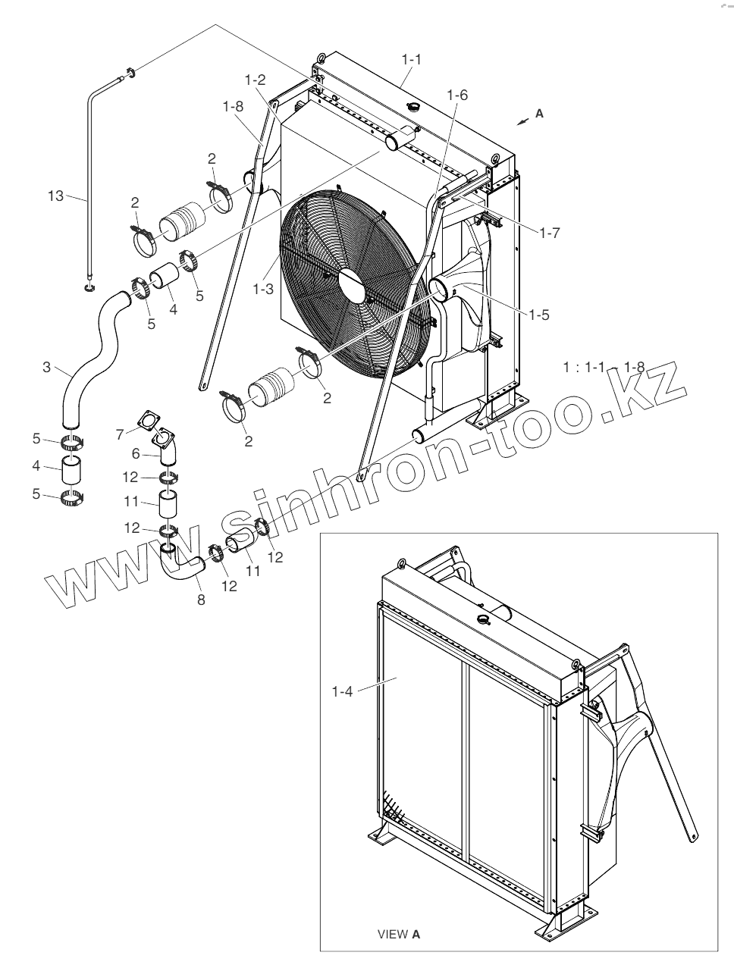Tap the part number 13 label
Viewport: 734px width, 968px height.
[55, 196]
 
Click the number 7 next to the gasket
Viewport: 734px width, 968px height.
[119, 434]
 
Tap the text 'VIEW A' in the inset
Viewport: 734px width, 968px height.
[399, 934]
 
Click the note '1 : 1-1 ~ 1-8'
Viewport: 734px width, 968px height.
[604, 367]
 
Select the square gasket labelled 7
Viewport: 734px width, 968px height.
[143, 421]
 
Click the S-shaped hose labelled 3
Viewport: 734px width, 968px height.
[91, 349]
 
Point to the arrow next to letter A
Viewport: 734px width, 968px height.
[521, 120]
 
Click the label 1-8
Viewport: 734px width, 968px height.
[232, 107]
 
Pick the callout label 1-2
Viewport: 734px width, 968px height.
[255, 79]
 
